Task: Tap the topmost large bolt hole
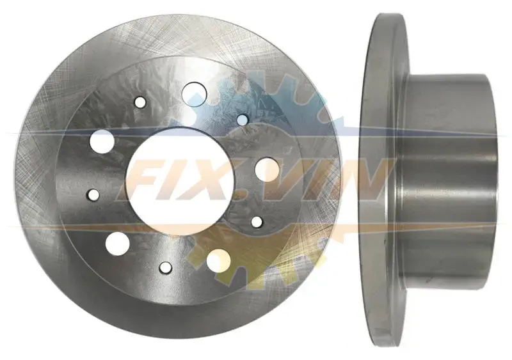[x=195, y=93]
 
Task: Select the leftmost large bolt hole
[x=102, y=141]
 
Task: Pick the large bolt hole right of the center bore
[x=267, y=169]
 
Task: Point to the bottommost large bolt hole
[x=218, y=261]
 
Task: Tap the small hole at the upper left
[x=140, y=102]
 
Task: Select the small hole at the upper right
[x=243, y=120]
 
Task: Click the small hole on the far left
[x=93, y=194]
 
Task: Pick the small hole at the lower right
[x=257, y=222]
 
